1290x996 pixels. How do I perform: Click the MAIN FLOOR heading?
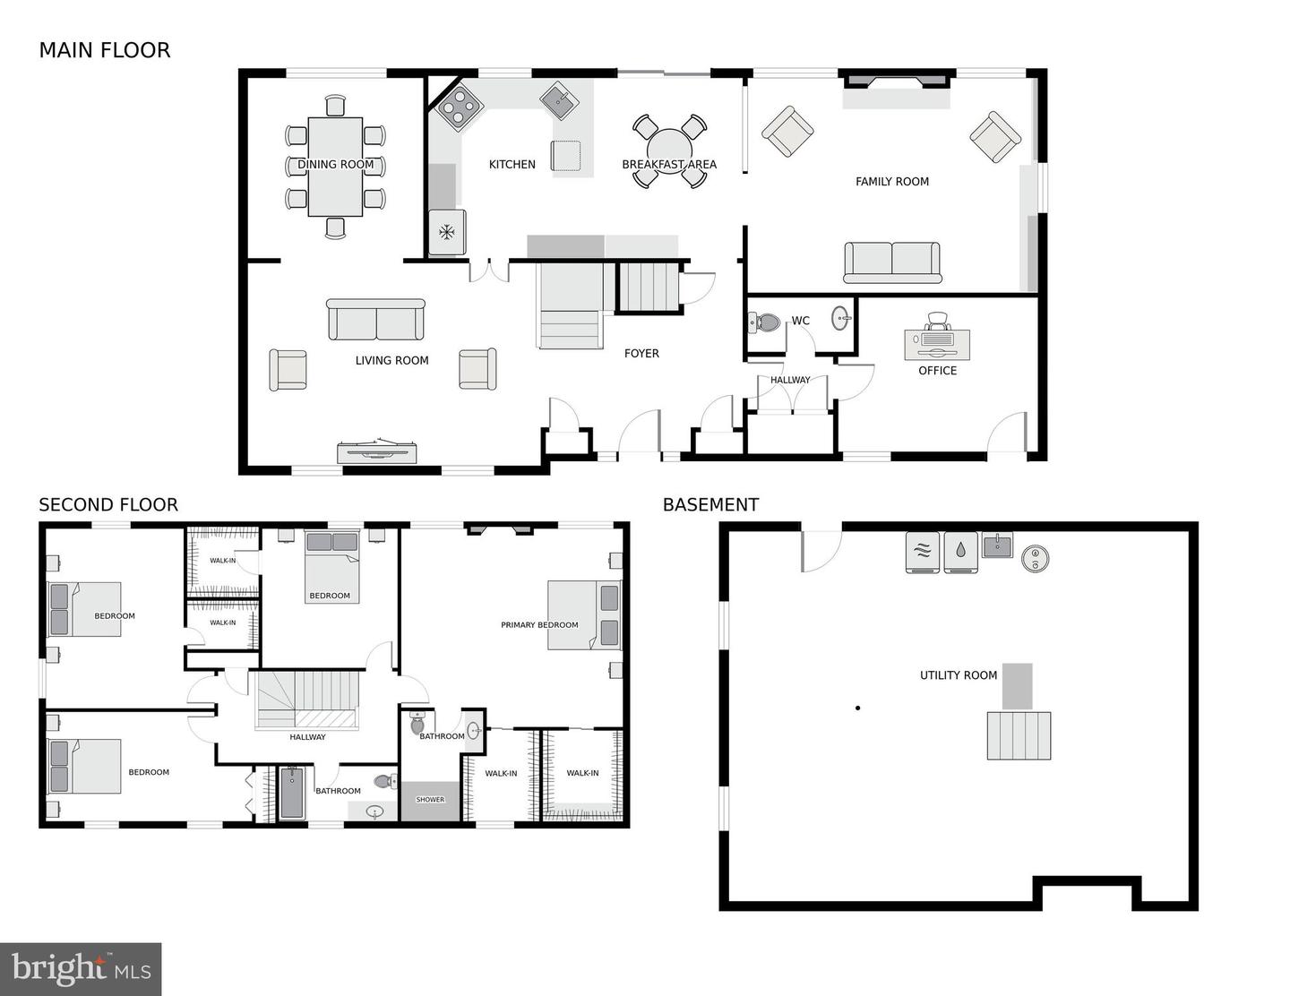[104, 50]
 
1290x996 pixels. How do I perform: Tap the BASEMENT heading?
[710, 505]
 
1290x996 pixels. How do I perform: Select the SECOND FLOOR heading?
[108, 505]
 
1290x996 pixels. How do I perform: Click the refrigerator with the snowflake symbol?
[446, 233]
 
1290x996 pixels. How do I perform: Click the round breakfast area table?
[669, 150]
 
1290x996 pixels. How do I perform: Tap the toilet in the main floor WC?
[764, 322]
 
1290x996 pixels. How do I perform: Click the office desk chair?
[937, 321]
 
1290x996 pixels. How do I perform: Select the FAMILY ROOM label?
[891, 182]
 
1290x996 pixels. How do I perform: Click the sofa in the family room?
[891, 262]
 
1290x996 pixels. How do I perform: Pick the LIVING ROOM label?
[391, 361]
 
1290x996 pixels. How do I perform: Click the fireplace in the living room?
[377, 452]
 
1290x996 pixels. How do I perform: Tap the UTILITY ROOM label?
[958, 675]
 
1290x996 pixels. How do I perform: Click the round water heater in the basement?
[1035, 558]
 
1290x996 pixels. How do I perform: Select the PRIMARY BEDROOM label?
[539, 625]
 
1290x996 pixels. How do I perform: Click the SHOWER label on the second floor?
[430, 800]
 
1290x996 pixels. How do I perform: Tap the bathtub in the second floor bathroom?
[292, 793]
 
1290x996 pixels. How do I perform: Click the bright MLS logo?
[81, 969]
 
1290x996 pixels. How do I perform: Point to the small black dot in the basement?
[857, 708]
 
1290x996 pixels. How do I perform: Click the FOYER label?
[641, 354]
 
